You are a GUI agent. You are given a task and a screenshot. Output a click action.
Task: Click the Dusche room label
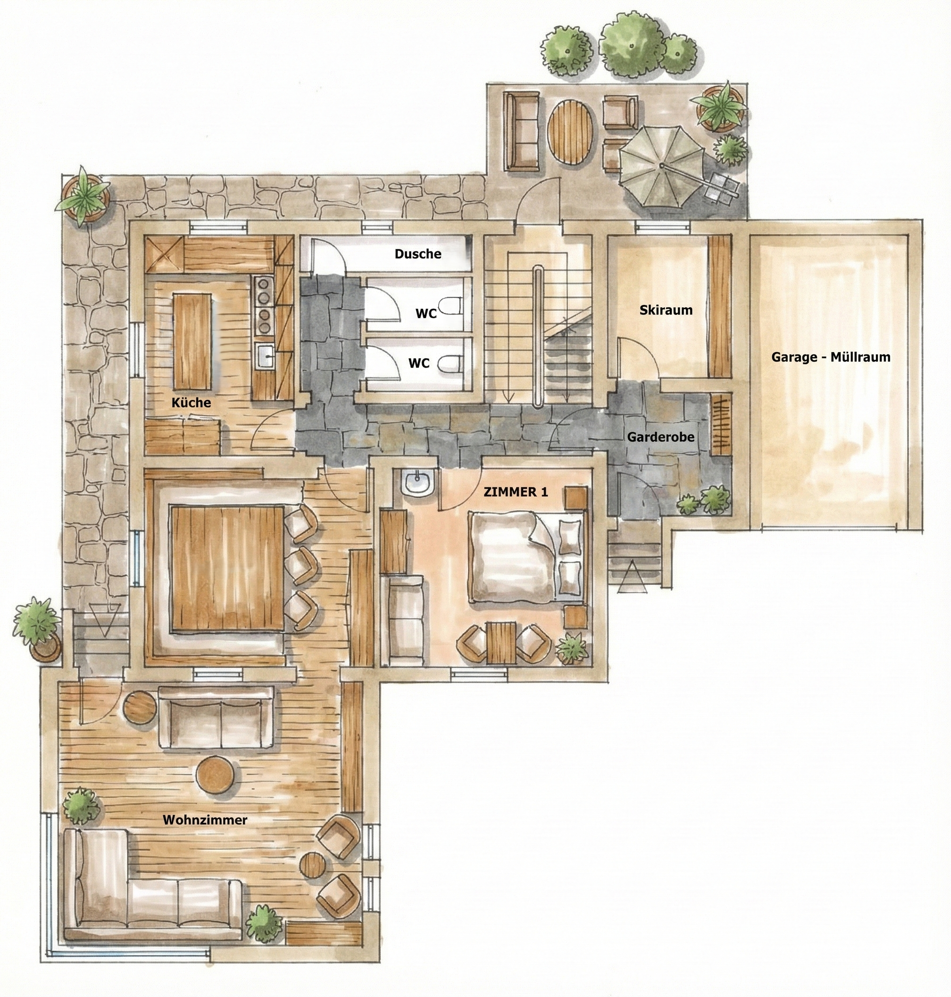[417, 253]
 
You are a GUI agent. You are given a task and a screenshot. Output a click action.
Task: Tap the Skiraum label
[666, 310]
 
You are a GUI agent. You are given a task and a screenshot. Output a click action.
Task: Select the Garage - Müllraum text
[831, 357]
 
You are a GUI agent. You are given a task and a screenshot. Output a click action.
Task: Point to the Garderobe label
[660, 437]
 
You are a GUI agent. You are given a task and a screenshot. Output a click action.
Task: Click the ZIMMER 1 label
[516, 491]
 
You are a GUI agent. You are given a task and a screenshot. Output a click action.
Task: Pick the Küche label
[191, 402]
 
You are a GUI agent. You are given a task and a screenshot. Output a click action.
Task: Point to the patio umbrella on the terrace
[661, 166]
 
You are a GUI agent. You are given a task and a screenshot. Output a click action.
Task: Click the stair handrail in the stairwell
[539, 336]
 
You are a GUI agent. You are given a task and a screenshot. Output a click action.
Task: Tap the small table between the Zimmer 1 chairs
[501, 643]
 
